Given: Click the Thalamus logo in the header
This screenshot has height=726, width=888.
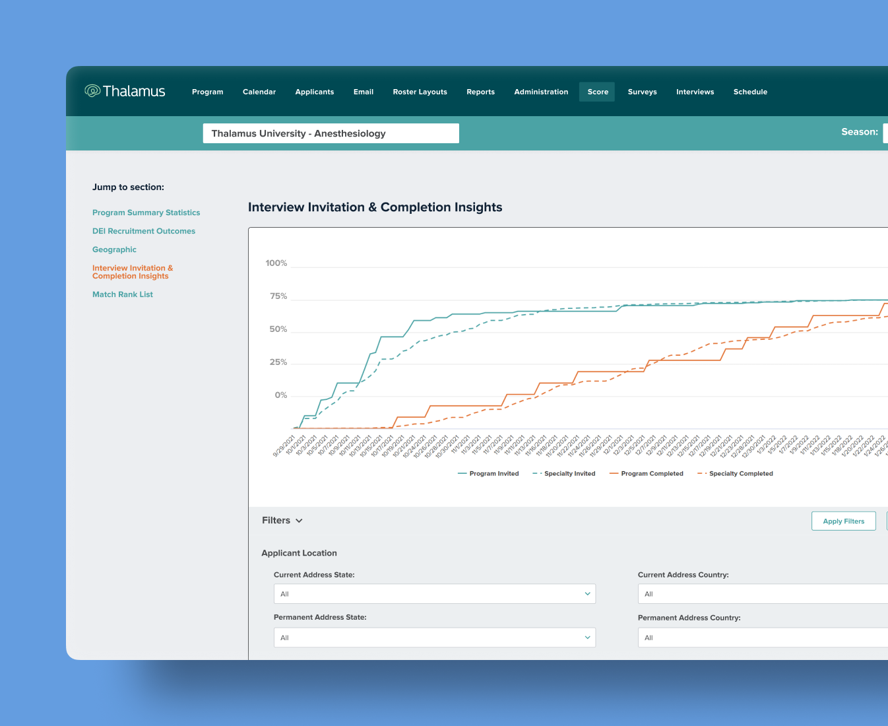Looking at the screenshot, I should point(125,91).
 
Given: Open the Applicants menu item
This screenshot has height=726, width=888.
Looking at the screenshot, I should point(314,92).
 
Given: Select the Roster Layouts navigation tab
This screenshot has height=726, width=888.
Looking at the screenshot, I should point(420,92).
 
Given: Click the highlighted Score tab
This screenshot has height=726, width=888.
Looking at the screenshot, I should point(598,92).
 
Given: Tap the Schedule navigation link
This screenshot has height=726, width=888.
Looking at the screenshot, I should point(750,92).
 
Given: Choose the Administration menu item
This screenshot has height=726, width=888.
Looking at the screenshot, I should point(541,92).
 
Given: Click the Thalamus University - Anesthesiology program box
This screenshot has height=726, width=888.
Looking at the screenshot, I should point(331,133).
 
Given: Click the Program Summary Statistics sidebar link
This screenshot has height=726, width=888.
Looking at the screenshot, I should point(146,213).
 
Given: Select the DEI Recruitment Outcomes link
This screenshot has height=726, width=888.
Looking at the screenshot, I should point(144,231).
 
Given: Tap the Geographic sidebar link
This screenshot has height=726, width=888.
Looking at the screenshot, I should point(114,249).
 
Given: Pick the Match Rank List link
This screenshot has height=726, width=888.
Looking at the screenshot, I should point(123,294).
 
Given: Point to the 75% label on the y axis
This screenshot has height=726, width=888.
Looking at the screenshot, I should point(278,296).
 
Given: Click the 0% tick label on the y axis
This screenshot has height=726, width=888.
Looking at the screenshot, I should point(281,395).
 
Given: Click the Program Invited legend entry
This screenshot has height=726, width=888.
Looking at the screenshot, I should point(489,474).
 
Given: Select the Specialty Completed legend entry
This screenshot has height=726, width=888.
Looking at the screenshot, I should point(736,474).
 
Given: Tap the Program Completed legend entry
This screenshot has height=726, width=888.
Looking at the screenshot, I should point(647,474).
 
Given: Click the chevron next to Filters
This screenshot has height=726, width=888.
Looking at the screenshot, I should point(299,521).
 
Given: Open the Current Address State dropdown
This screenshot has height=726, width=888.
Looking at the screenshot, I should point(434,594).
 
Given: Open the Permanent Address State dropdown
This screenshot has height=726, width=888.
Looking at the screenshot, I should point(434,638).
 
